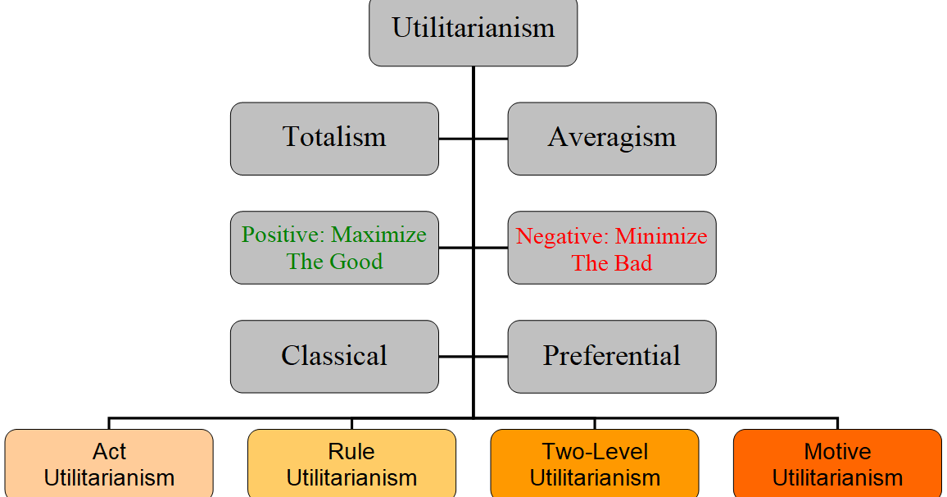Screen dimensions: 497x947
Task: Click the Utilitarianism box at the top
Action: click(473, 30)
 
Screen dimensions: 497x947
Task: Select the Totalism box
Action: click(334, 138)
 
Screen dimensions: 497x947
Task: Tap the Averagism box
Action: click(611, 138)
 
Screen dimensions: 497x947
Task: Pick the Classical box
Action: click(334, 356)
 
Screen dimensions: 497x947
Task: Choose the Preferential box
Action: click(611, 356)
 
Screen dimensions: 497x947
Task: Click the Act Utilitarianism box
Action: click(109, 464)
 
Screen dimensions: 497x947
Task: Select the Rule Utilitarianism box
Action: click(351, 464)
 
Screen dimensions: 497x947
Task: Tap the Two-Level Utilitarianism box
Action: click(595, 464)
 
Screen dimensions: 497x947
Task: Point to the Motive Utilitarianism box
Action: click(837, 464)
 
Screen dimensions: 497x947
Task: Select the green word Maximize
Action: click(378, 235)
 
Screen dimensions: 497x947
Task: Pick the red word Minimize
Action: click(661, 237)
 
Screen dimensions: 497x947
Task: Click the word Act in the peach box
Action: click(109, 452)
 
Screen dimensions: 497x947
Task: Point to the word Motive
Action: click(837, 452)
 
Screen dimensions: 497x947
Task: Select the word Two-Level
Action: click(595, 452)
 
